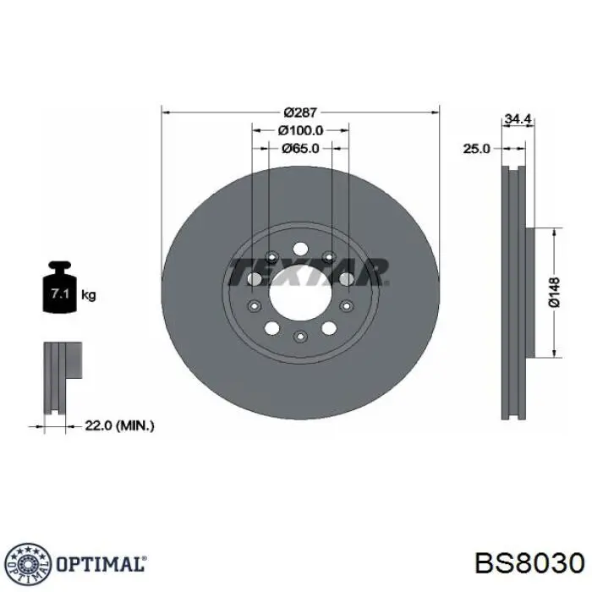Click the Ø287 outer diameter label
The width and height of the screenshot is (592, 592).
point(300,112)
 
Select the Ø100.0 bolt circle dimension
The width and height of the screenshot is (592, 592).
point(300,130)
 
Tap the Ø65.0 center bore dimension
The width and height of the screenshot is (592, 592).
point(300,148)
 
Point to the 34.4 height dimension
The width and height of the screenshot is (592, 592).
point(516,120)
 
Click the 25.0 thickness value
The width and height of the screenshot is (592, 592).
point(476,148)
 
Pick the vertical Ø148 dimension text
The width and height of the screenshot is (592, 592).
point(553,292)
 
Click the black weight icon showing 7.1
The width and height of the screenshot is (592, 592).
point(58,291)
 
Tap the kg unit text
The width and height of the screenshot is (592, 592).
point(88,295)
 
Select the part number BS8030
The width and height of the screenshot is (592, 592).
point(529,564)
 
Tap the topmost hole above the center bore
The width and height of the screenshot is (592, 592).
point(300,249)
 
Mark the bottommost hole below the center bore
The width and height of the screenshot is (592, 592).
point(300,337)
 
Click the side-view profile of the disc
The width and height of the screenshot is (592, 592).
point(513,292)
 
